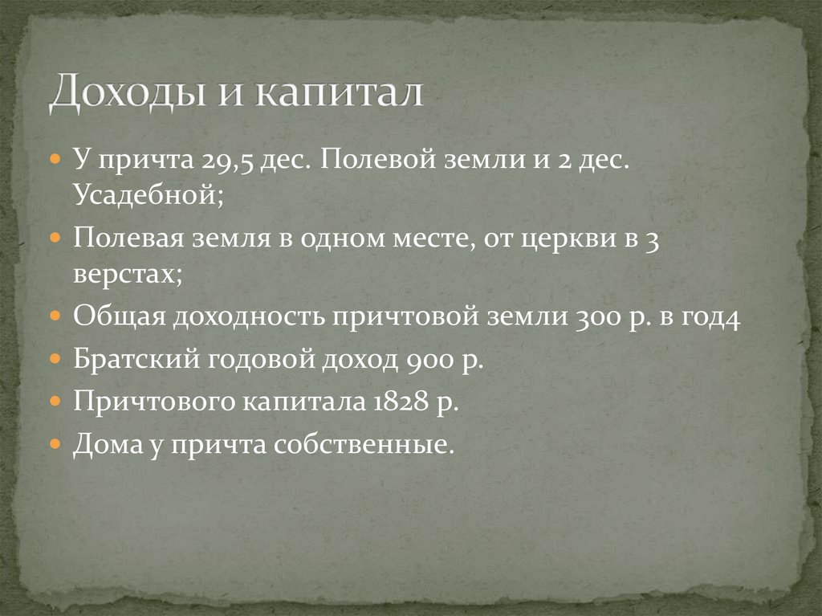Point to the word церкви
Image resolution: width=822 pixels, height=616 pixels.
[x=553, y=239]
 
